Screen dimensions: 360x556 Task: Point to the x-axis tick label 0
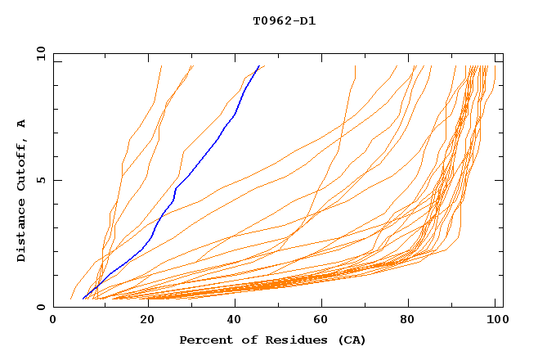pos(53,322)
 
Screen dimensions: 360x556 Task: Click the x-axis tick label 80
pos(413,322)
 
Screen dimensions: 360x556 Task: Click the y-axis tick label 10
pos(40,55)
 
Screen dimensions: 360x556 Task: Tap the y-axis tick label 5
pos(43,181)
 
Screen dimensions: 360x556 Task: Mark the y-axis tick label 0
pos(43,307)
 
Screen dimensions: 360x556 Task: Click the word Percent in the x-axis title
pos(203,340)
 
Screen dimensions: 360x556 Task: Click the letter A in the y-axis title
pos(22,124)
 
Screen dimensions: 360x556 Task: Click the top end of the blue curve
pos(259,65)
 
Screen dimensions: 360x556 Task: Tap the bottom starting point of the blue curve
pos(83,299)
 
